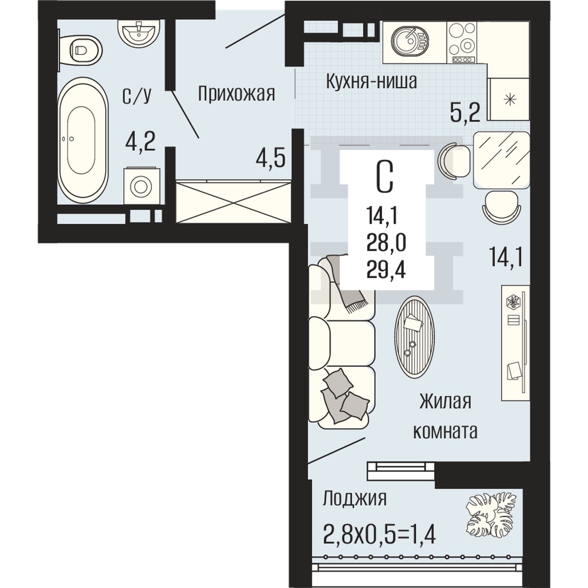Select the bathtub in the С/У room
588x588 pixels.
pos(83,140)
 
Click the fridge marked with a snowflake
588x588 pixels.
pos(509,99)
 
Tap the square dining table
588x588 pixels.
pos(501,160)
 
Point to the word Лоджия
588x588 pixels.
pos(355,498)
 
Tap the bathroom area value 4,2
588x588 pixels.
pos(141,142)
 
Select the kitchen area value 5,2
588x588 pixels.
pos(465,112)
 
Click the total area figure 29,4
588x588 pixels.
pos(386,271)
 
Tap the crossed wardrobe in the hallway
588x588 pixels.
pos(233,202)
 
